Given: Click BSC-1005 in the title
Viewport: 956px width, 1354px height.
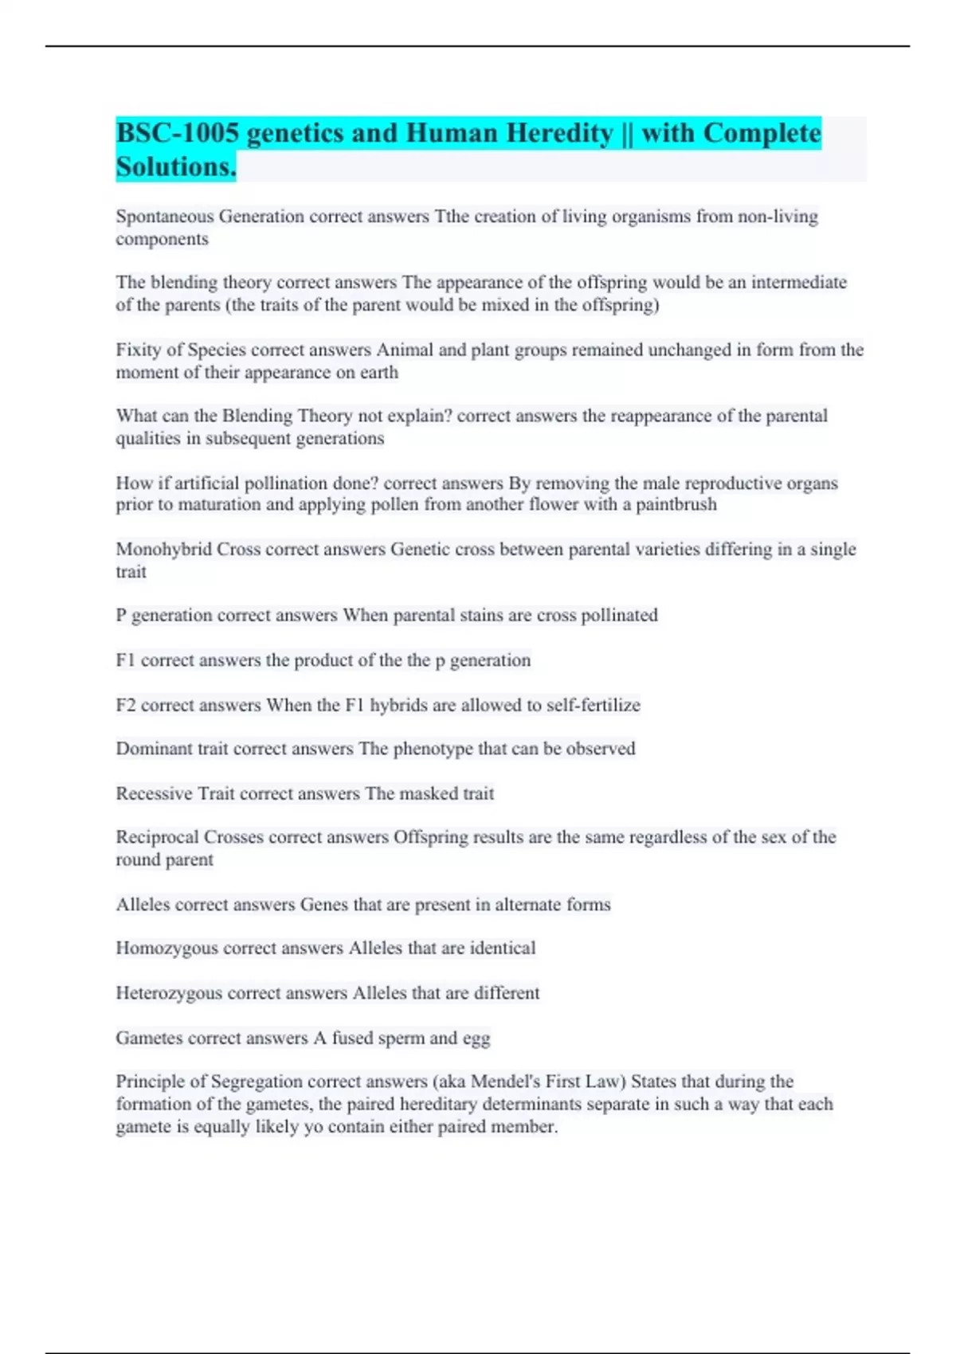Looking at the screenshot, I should tap(177, 133).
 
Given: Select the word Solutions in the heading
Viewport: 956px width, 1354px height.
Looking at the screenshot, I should tap(175, 167).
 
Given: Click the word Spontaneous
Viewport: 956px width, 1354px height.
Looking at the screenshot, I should tap(165, 217).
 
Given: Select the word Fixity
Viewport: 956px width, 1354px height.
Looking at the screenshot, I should tap(139, 350).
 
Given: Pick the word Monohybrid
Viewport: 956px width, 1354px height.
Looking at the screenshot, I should tap(163, 550).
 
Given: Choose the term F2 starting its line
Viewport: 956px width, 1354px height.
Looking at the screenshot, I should tap(126, 706).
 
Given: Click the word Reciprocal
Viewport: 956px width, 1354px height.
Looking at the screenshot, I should tap(157, 838).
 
